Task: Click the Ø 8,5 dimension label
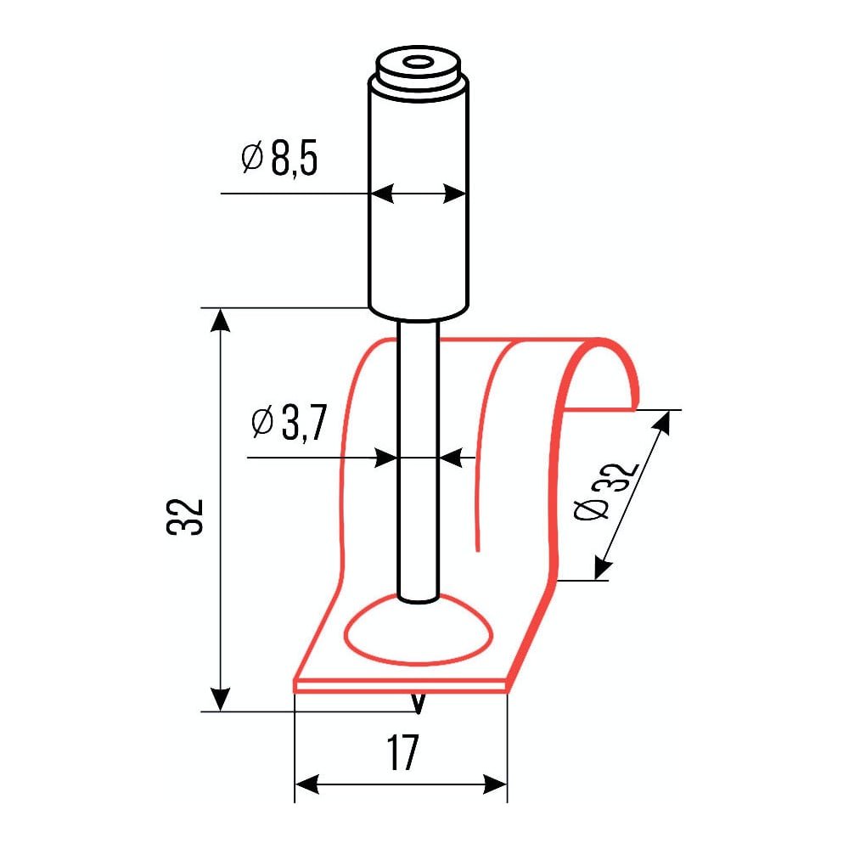click(x=278, y=159)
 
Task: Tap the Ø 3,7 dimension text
click(x=289, y=423)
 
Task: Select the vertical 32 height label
click(x=184, y=516)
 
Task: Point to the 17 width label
click(x=402, y=752)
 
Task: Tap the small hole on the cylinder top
click(x=418, y=63)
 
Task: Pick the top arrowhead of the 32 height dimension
click(x=220, y=320)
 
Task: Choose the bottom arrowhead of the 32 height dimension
click(x=220, y=699)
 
